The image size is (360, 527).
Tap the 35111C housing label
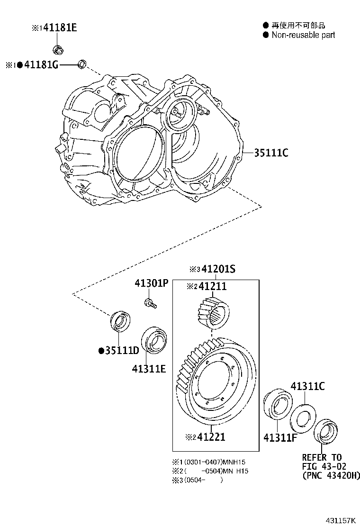pyautogui.click(x=271, y=153)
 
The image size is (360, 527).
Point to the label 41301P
pyautogui.click(x=151, y=283)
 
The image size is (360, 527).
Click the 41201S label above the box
pyautogui.click(x=218, y=270)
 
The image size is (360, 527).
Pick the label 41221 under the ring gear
pyautogui.click(x=211, y=437)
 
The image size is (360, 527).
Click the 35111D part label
pyautogui.click(x=122, y=351)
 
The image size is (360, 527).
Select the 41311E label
pyautogui.click(x=149, y=368)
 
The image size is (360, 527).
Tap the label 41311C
pyautogui.click(x=307, y=386)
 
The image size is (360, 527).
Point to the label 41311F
pyautogui.click(x=280, y=437)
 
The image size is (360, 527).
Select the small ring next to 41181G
pyautogui.click(x=82, y=64)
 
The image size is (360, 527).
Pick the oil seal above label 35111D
pyautogui.click(x=120, y=321)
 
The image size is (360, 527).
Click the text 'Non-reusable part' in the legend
pyautogui.click(x=303, y=35)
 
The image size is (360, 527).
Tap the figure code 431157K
pyautogui.click(x=339, y=520)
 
